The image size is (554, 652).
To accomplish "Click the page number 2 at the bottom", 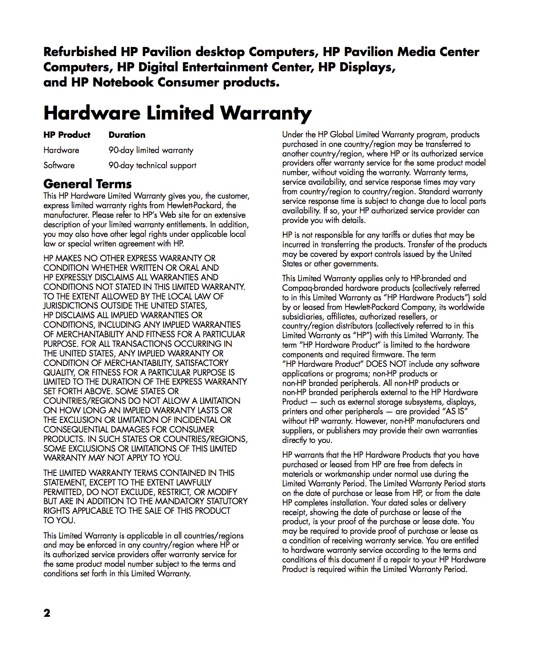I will pos(47,613).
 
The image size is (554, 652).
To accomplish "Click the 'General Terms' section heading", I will pos(87,183).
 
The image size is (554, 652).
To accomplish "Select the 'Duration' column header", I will pos(127,135).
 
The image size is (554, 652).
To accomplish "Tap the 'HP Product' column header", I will pos(67,135).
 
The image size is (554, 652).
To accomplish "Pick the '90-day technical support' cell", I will pos(152,166).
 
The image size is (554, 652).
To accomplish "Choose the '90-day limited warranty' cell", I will pos(151,150).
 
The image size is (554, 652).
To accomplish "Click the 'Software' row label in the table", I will pos(59,166).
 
